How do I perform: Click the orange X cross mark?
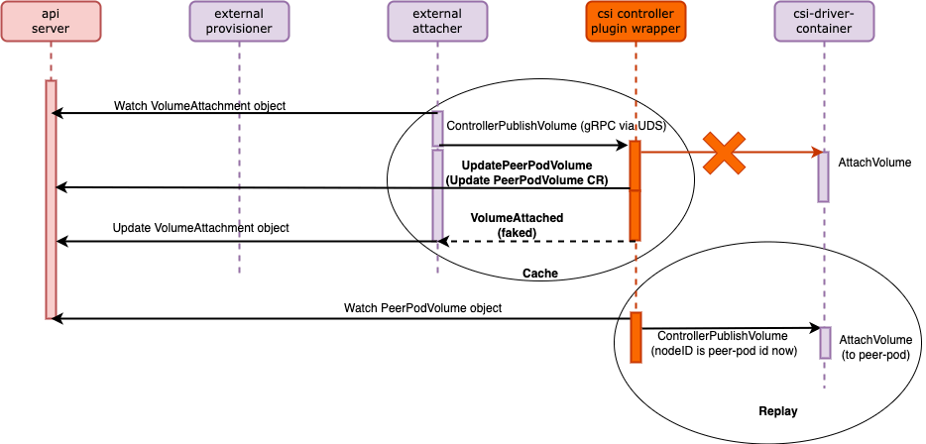pyautogui.click(x=726, y=153)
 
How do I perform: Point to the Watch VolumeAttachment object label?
pyautogui.click(x=200, y=105)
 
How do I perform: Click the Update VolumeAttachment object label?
pyautogui.click(x=200, y=228)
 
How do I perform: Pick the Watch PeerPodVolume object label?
pyautogui.click(x=422, y=308)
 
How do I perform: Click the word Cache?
pyautogui.click(x=540, y=273)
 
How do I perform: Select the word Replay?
pyautogui.click(x=778, y=410)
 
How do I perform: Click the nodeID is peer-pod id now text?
pyautogui.click(x=724, y=350)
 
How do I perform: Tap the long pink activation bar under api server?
pyautogui.click(x=50, y=198)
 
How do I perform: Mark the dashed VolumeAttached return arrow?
pyautogui.click(x=535, y=241)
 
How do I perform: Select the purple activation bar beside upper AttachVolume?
pyautogui.click(x=823, y=176)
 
